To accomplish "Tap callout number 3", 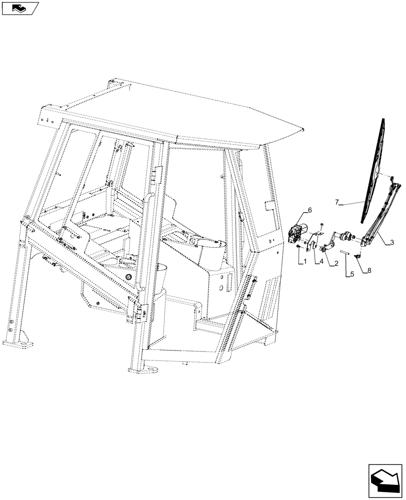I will tap(392, 241).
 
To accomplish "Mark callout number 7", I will tap(351, 202).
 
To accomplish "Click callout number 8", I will tap(369, 270).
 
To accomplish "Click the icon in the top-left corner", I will tap(19, 7).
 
